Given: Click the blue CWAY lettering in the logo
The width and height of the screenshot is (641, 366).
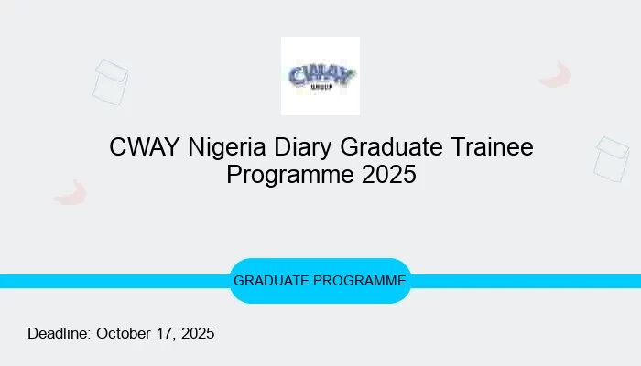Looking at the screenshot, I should pyautogui.click(x=320, y=74).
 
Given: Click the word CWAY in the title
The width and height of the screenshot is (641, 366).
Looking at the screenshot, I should pyautogui.click(x=137, y=146).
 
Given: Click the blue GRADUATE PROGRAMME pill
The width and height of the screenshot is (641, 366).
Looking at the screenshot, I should pyautogui.click(x=320, y=281).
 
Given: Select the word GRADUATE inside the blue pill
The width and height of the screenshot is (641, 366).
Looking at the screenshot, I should pyautogui.click(x=272, y=281).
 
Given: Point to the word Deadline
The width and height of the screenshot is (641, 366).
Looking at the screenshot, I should pyautogui.click(x=59, y=334).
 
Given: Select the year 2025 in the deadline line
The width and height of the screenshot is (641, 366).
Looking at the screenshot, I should pyautogui.click(x=196, y=334).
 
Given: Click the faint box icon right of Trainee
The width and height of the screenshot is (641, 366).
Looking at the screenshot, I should pyautogui.click(x=611, y=159).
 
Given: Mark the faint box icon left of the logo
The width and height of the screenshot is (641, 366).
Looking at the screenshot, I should pyautogui.click(x=110, y=81).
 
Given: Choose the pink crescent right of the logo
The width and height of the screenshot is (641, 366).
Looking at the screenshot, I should pyautogui.click(x=555, y=75).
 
